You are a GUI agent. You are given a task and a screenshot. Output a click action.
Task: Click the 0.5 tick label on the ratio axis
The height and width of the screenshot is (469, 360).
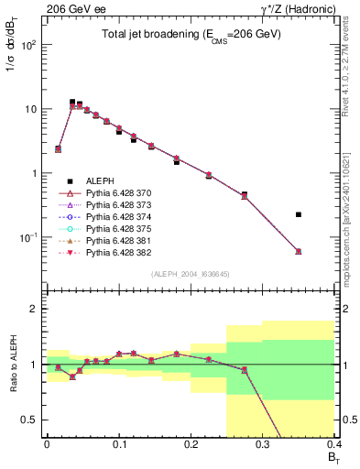click(x=29, y=420)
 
